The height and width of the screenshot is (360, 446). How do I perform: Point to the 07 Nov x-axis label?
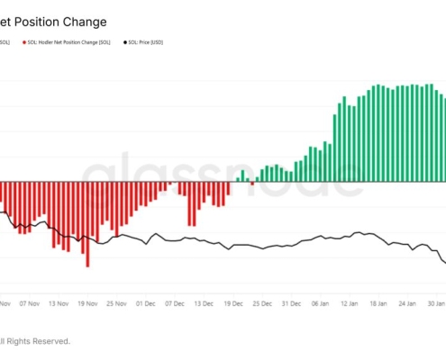tap(29, 304)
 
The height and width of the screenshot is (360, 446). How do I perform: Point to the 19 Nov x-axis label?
tap(87, 304)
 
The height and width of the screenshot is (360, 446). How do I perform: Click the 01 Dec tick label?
tap(145, 304)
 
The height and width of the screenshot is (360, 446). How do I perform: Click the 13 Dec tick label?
tap(203, 304)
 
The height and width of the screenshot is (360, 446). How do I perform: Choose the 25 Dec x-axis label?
tap(261, 304)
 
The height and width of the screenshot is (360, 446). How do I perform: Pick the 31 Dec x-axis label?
tap(290, 304)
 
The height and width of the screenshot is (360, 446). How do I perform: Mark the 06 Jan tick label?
tap(321, 304)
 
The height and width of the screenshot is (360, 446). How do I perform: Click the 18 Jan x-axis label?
tap(378, 304)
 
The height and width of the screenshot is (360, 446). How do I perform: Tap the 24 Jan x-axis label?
tap(407, 304)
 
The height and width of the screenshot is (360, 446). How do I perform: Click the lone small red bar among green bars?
tap(252, 183)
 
